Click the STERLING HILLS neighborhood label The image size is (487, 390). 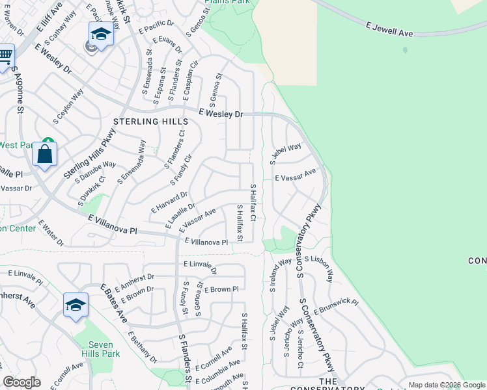click(150, 122)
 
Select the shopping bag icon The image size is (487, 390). click(44, 155)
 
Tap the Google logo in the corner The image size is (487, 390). click(21, 382)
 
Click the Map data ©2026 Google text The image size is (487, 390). click(447, 385)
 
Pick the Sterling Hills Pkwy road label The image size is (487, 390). click(85, 156)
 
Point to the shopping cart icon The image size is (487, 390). click(5, 57)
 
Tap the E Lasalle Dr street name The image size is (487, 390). click(180, 216)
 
